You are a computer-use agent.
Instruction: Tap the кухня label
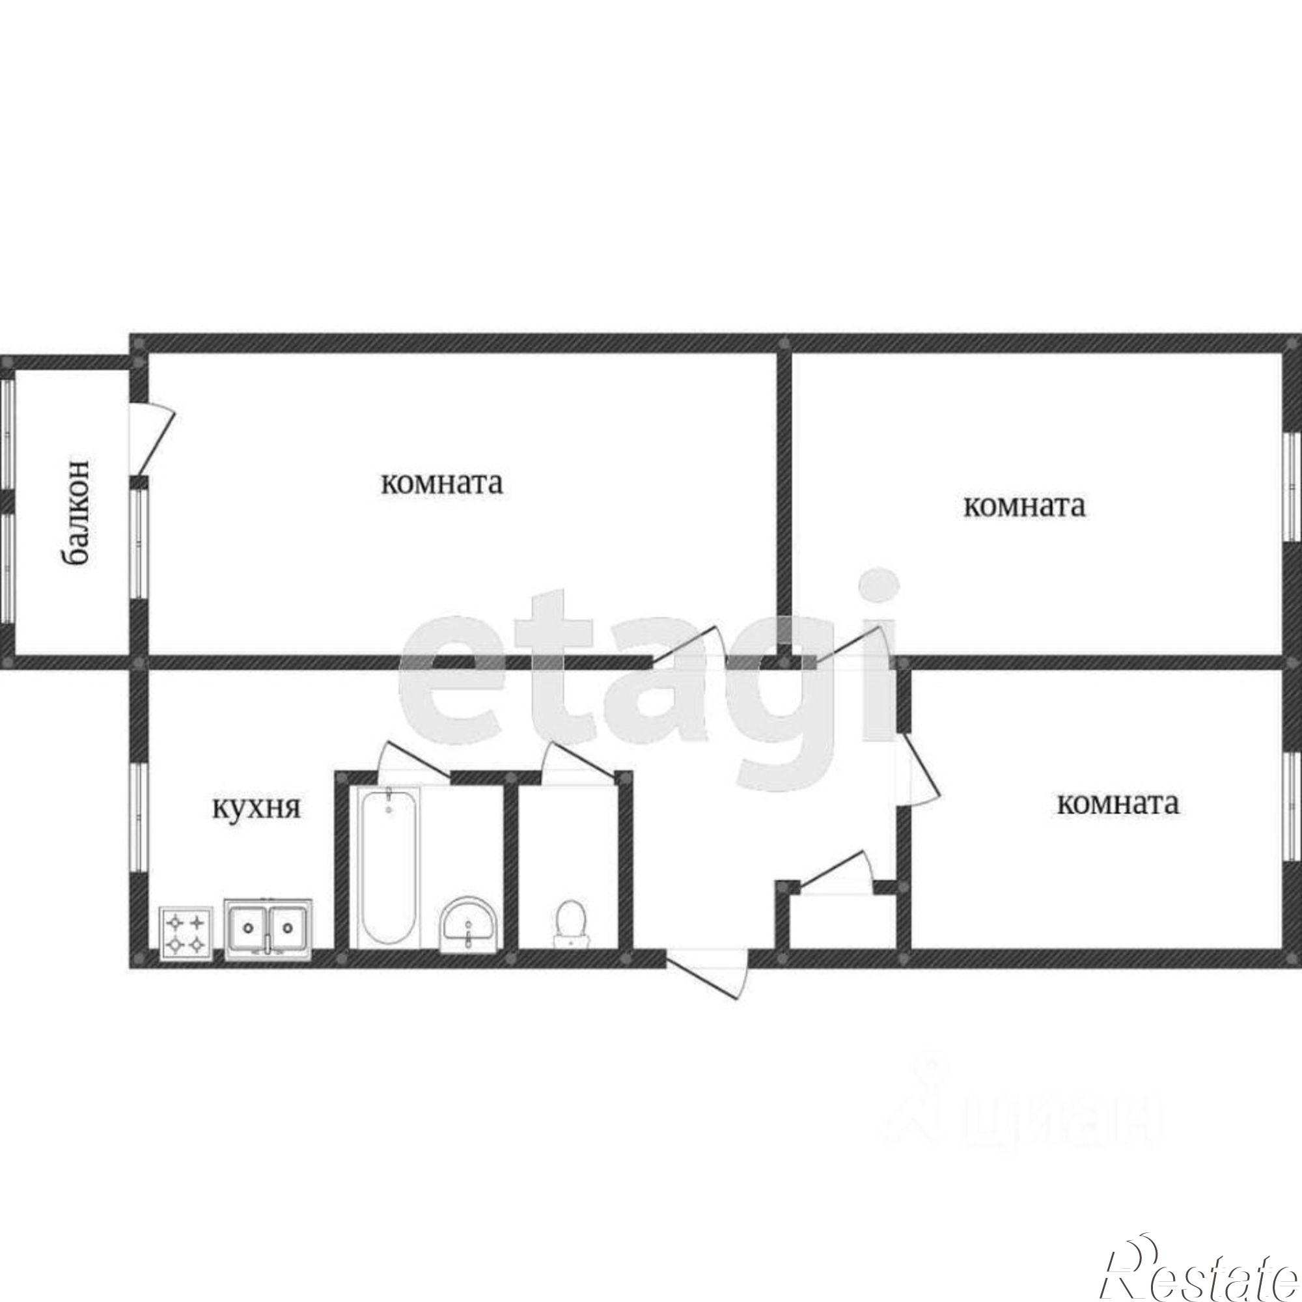click(x=256, y=808)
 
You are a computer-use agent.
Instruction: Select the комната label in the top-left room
click(x=442, y=483)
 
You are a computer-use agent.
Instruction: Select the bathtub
click(x=389, y=867)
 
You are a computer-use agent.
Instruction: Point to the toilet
click(x=571, y=924)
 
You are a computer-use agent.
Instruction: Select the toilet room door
click(x=579, y=764)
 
